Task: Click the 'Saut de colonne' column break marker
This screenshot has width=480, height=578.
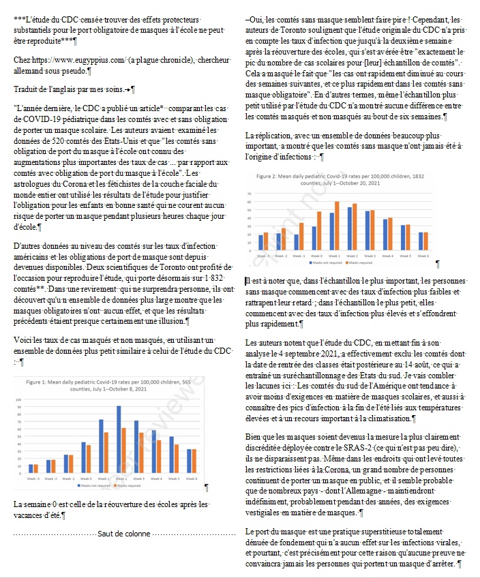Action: pyautogui.click(x=123, y=534)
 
